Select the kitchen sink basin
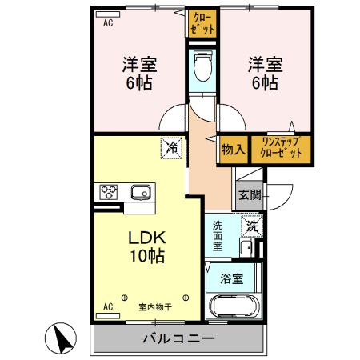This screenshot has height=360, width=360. tap(142, 192)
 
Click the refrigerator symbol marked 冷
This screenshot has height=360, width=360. tap(171, 147)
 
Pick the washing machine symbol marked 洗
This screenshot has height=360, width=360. tap(251, 226)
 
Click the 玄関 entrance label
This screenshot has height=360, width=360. tap(249, 194)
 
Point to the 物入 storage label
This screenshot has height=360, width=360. tap(232, 149)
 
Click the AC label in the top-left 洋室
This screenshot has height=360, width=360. tap(108, 23)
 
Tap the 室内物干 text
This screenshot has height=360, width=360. tap(155, 307)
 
